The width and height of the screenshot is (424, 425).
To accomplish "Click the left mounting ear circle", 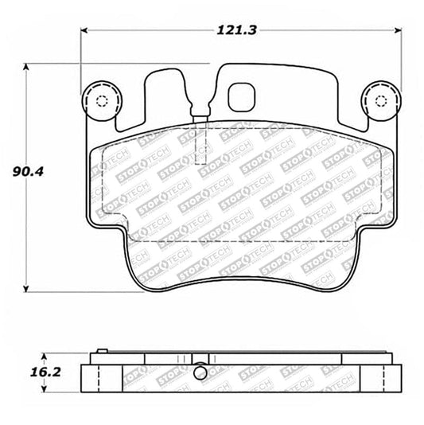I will (100, 100).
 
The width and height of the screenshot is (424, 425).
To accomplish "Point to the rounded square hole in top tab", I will (239, 96).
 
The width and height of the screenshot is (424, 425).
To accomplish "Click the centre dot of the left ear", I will (100, 101).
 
